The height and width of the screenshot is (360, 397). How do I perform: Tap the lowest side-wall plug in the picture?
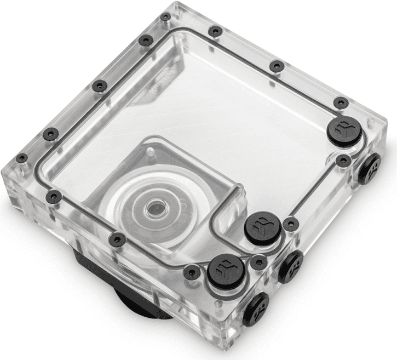point(255,308)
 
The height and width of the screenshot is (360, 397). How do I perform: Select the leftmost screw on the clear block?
point(21,158)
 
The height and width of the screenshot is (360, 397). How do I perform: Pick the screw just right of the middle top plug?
point(290,223)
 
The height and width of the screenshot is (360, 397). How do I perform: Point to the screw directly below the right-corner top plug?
point(343,161)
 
